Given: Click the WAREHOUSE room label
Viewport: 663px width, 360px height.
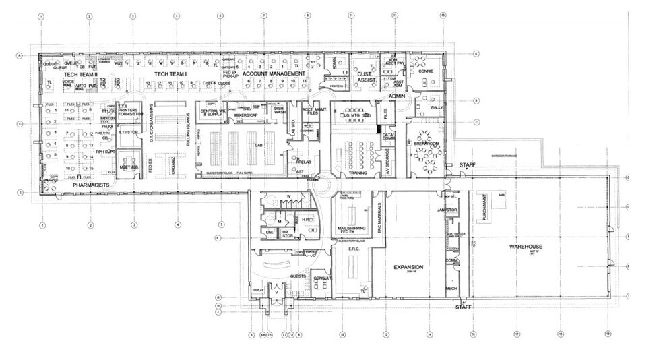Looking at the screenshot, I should pyautogui.click(x=526, y=246).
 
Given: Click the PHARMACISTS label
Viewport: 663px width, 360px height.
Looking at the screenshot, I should pyautogui.click(x=92, y=184).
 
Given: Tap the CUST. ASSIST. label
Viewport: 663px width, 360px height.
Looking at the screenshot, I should pyautogui.click(x=367, y=77).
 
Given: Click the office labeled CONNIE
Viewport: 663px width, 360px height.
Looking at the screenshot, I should pyautogui.click(x=425, y=71).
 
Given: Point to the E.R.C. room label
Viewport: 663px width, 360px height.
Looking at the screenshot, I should pyautogui.click(x=356, y=249).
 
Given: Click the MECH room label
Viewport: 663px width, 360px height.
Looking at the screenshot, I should pyautogui.click(x=451, y=289).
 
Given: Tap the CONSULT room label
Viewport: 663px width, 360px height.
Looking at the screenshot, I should pyautogui.click(x=322, y=278).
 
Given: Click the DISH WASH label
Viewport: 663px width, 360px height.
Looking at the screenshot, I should pyautogui.click(x=278, y=111).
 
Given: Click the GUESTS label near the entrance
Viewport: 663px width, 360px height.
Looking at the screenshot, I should pyautogui.click(x=298, y=276).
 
